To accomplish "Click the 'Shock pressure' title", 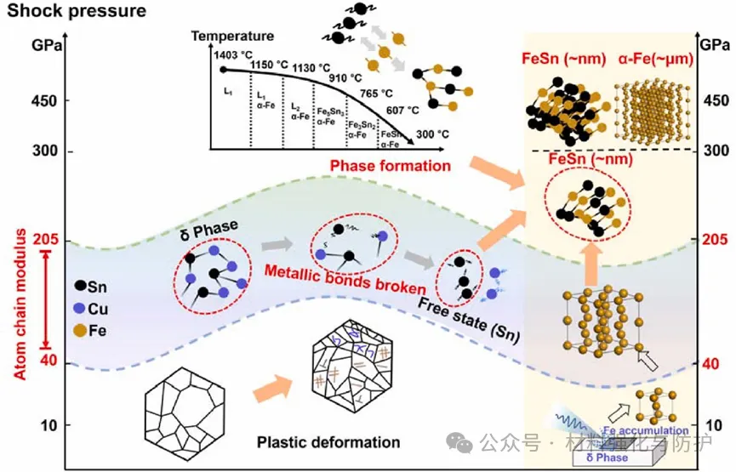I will coord(73,12).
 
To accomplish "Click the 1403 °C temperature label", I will coord(231,53).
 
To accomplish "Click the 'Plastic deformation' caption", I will coord(328,442).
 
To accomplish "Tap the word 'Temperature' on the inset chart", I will coord(232,37).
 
